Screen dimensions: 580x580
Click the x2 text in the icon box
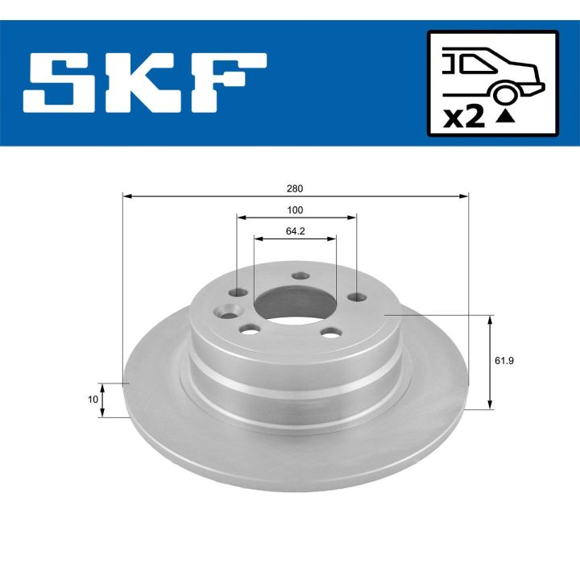point(464,117)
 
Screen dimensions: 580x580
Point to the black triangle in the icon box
point(505,117)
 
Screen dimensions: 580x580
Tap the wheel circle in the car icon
point(506,93)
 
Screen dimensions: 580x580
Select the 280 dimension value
point(294,188)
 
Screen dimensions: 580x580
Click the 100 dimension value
point(295,210)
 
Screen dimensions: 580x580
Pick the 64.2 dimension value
point(295,231)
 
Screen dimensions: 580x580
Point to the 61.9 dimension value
point(504,361)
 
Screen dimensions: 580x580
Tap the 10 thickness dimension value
point(93,400)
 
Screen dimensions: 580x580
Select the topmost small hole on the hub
point(300,276)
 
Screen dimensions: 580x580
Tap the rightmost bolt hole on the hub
point(355,297)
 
